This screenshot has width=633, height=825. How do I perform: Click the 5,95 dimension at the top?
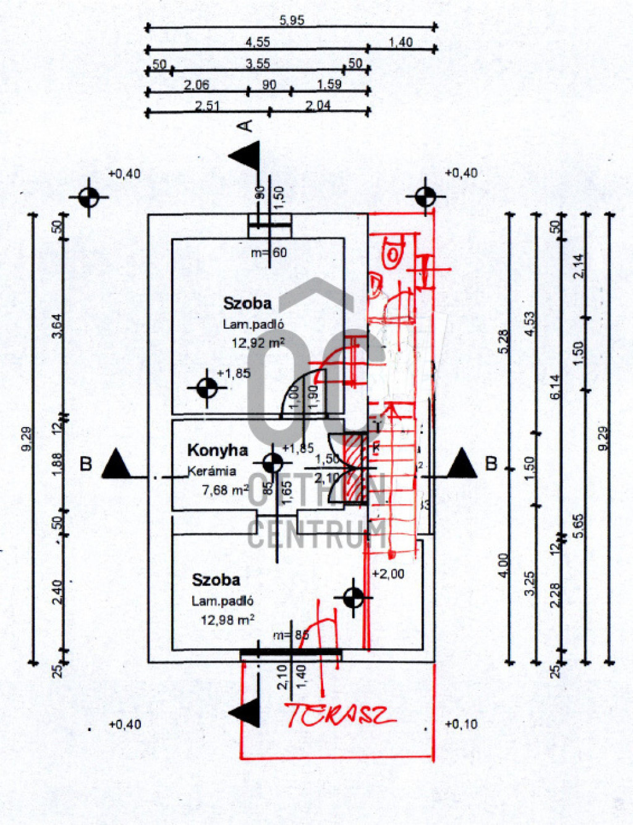[x=291, y=20]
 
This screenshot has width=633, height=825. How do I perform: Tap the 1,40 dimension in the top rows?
[x=401, y=42]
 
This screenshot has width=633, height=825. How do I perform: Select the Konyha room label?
[x=218, y=451]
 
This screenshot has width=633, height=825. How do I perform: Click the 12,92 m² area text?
[x=258, y=342]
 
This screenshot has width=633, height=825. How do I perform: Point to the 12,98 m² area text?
[x=227, y=619]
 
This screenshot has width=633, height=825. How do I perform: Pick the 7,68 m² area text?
[x=225, y=490]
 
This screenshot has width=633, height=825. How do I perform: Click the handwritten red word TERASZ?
[x=339, y=715]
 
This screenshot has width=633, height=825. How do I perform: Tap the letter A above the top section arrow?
[x=246, y=125]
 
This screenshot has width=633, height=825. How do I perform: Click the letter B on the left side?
[x=86, y=463]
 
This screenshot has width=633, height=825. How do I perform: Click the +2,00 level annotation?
[x=388, y=574]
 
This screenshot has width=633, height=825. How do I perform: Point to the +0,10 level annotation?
[x=461, y=724]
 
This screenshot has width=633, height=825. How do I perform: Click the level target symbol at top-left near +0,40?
[x=89, y=198]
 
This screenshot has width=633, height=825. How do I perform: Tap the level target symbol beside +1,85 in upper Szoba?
[x=206, y=388]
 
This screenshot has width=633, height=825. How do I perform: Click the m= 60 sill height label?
[x=269, y=252]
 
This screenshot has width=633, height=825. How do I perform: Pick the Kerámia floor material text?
[x=212, y=471]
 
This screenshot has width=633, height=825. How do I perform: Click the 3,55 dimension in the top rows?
[x=257, y=63]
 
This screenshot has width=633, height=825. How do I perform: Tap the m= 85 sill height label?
[x=291, y=635]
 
